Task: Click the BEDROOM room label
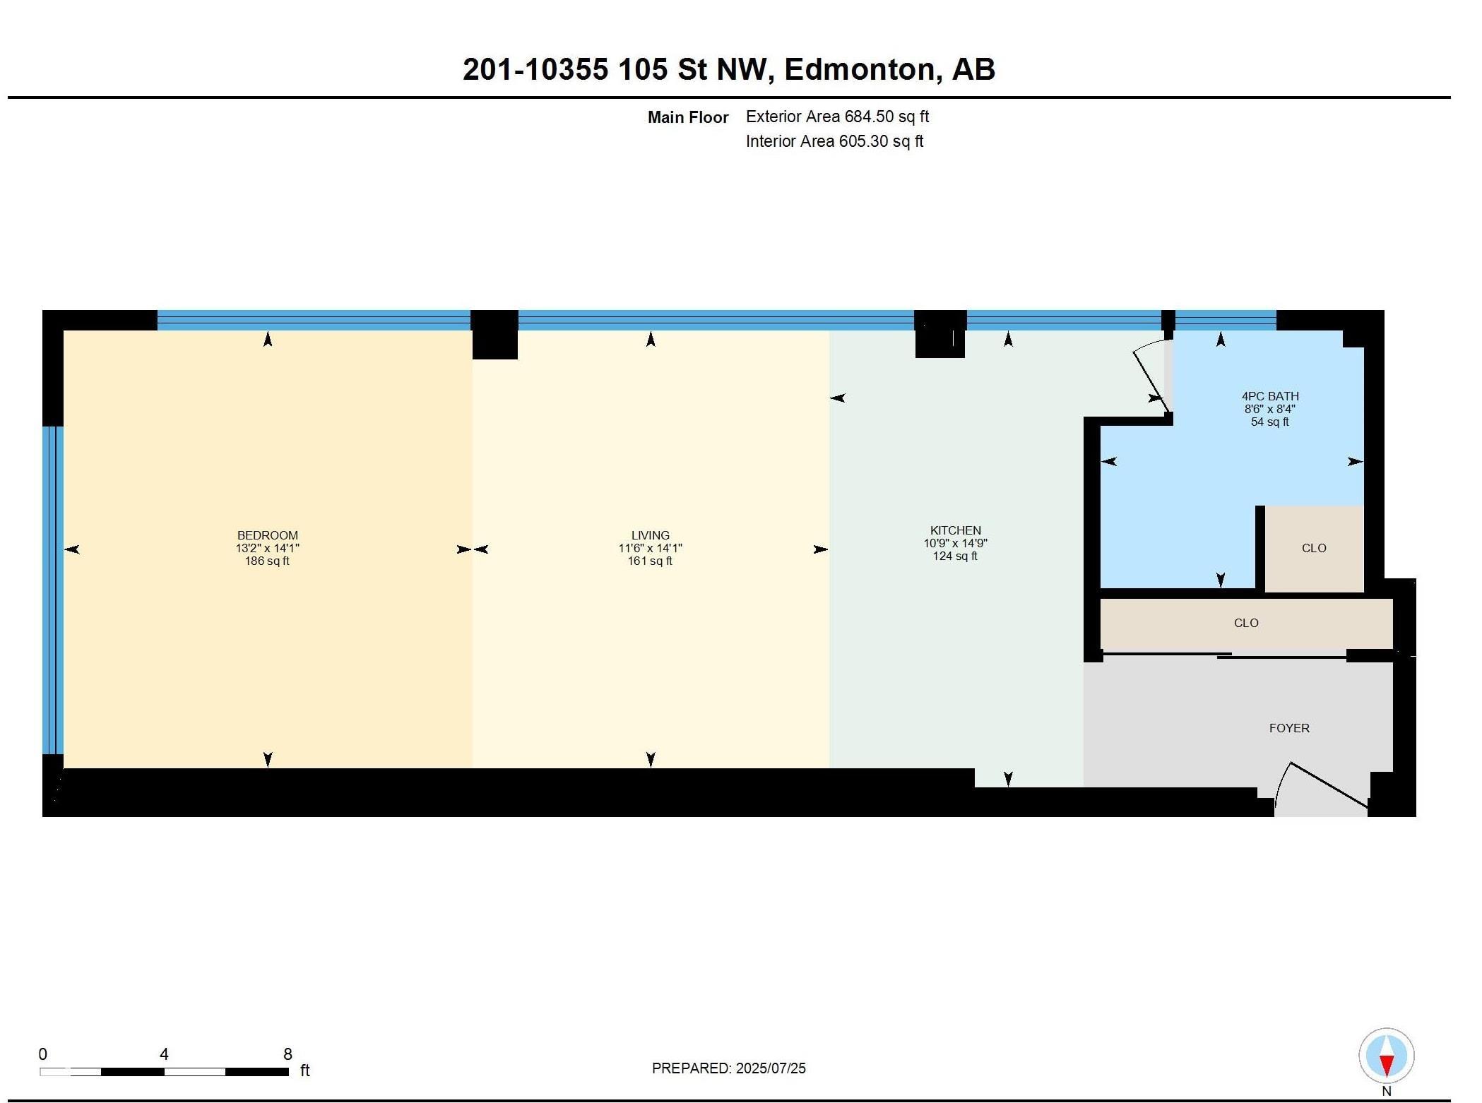(x=267, y=535)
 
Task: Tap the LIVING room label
(x=650, y=535)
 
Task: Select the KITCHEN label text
(x=955, y=530)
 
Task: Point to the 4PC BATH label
(x=1269, y=396)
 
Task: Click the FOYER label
(x=1288, y=728)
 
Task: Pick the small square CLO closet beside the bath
(x=1313, y=548)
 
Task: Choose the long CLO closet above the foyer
(x=1245, y=623)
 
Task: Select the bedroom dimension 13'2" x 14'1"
(x=267, y=548)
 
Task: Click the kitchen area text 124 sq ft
(x=955, y=556)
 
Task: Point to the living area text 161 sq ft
(x=650, y=561)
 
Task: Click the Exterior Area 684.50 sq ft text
(x=837, y=117)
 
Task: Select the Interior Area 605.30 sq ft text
(x=834, y=141)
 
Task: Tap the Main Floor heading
(x=687, y=117)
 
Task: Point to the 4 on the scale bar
(x=164, y=1054)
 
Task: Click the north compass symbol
(x=1386, y=1056)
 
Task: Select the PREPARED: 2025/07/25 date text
(x=728, y=1068)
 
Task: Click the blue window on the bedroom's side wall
(x=52, y=590)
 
